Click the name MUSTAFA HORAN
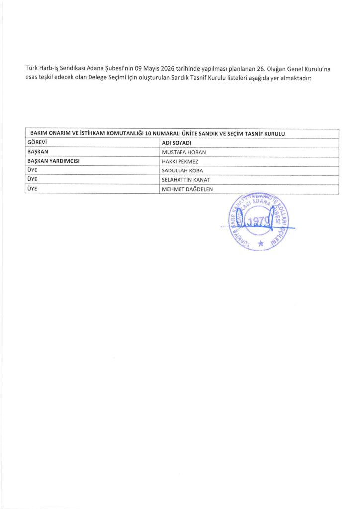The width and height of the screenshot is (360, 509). [181, 152]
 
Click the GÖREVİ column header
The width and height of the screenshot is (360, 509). [37, 143]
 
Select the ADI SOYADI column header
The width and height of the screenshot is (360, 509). [174, 143]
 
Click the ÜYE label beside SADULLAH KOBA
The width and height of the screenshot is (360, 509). [32, 171]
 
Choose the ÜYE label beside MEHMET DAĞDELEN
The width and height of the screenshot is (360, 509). [32, 189]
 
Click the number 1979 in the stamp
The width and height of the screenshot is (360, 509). [260, 221]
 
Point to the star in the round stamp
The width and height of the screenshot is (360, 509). [260, 243]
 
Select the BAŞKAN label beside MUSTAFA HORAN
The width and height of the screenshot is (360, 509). [38, 152]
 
